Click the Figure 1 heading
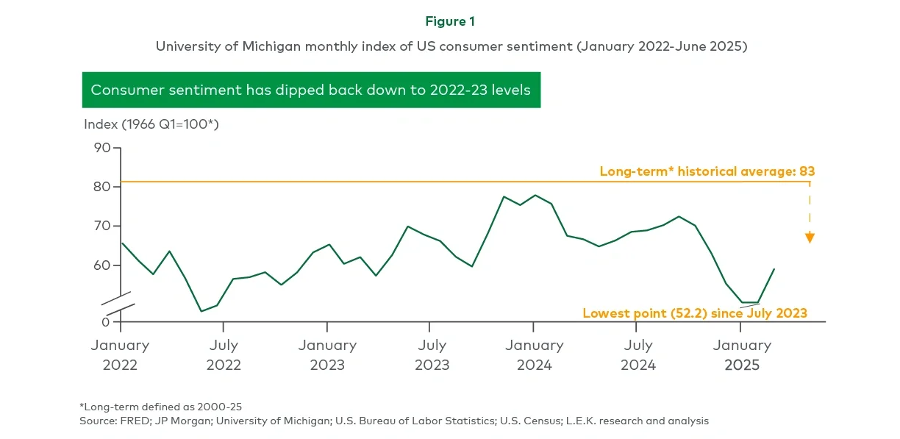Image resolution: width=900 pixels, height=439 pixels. [450, 21]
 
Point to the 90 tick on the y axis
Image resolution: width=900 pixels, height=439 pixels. [101, 148]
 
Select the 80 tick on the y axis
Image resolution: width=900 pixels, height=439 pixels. [101, 187]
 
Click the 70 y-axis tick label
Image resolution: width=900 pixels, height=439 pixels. [101, 226]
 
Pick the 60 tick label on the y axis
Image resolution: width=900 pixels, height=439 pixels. [101, 265]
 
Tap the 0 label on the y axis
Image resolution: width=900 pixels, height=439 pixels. [105, 321]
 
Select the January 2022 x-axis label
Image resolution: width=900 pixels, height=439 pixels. [120, 354]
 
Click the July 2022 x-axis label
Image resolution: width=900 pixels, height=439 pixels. [224, 354]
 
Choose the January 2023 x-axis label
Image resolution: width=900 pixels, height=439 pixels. [327, 354]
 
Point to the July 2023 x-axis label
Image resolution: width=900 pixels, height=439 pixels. [431, 354]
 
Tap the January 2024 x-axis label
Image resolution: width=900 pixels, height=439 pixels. [535, 354]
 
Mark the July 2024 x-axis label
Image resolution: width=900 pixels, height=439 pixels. [637, 354]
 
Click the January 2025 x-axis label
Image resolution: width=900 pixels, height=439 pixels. [741, 354]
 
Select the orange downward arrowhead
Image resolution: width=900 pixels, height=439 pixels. [810, 238]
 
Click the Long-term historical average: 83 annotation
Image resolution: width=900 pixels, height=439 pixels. [707, 171]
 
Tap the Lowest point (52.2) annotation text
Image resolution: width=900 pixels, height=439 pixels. [694, 313]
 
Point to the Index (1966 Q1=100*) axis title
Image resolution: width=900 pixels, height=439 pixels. [151, 124]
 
